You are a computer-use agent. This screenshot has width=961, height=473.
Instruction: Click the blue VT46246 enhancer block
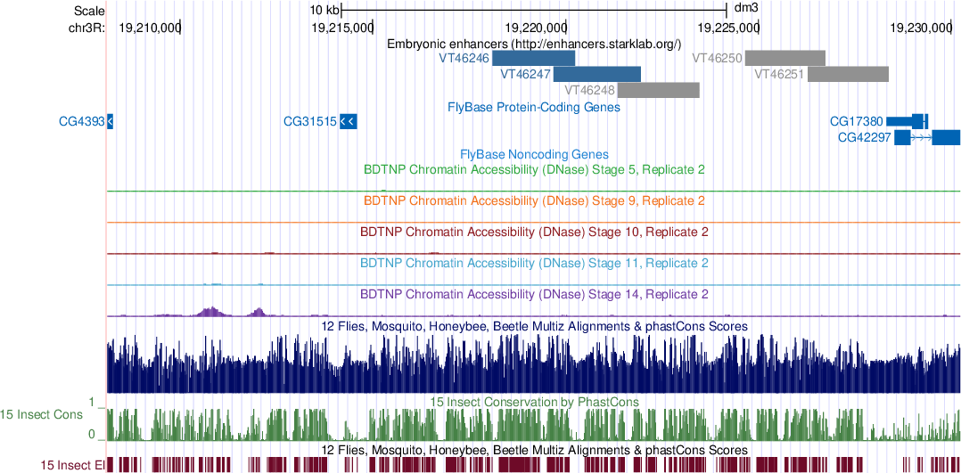coord(533,58)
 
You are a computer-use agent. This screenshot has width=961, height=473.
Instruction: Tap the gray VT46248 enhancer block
coord(658,90)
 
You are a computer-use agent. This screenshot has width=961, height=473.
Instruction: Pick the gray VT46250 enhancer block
coord(784,58)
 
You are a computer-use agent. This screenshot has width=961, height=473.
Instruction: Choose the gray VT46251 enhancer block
coord(848,74)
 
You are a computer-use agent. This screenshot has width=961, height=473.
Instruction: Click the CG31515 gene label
coord(309,121)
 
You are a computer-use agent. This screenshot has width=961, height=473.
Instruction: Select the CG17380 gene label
coord(856,121)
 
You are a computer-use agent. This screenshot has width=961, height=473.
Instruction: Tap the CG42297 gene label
coord(865,137)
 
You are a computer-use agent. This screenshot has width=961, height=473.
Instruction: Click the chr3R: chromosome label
coord(86,28)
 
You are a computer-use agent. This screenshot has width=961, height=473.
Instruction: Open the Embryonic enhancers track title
coord(534,43)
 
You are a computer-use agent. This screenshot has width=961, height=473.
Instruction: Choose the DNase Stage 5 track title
coord(534,168)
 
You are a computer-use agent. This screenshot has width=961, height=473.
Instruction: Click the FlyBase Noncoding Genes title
coord(534,154)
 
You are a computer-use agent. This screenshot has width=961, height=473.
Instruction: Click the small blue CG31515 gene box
coord(349,121)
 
